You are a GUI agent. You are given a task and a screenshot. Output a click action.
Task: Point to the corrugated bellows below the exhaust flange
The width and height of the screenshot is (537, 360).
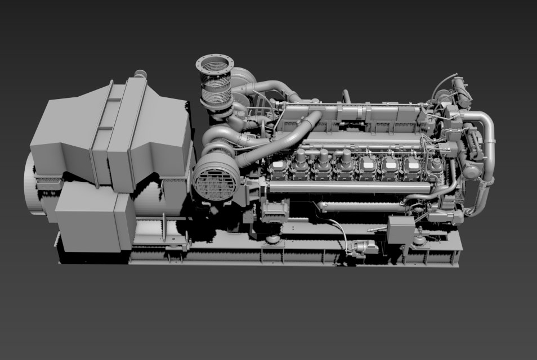click(217, 90)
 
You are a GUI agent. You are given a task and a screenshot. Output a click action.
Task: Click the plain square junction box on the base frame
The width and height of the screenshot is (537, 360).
click(400, 230)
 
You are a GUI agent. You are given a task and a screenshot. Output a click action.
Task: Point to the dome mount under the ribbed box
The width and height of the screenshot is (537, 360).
click(274, 239)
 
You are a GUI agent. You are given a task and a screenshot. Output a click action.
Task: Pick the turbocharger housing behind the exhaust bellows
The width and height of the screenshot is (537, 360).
click(242, 82)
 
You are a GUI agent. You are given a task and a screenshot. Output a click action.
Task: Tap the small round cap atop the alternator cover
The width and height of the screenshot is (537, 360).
click(140, 74)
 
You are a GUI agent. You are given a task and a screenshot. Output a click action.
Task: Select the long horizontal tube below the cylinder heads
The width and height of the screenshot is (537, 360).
click(332, 188)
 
